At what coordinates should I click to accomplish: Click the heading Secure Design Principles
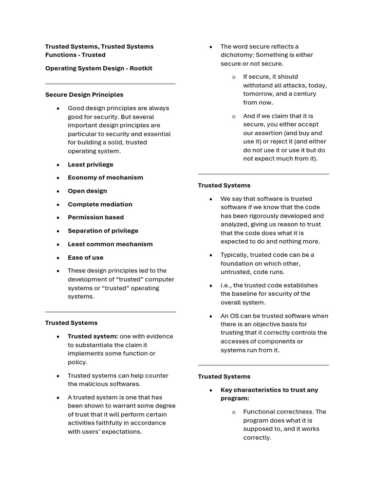tap(84, 95)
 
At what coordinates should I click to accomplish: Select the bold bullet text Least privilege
tap(91, 164)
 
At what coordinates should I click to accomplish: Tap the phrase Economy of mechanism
tap(105, 178)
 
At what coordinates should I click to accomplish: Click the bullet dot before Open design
tap(58, 192)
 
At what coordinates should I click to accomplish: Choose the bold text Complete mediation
tap(100, 204)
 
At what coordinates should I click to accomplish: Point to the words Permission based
tap(95, 217)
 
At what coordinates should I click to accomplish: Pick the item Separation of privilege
tap(103, 231)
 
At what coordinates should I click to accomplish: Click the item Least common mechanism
tap(110, 244)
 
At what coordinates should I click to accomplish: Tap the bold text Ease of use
tap(85, 258)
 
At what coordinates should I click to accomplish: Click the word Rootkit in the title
tap(141, 69)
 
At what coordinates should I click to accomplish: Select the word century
tap(302, 94)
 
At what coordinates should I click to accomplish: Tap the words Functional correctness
tap(278, 412)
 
